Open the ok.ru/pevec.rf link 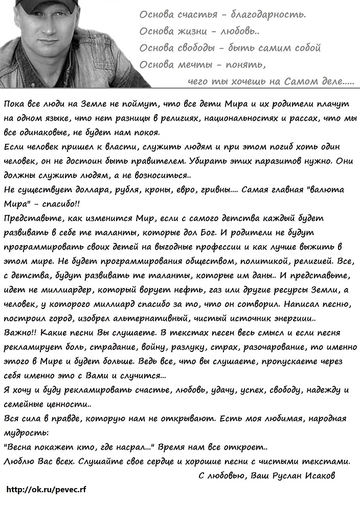tap(47, 490)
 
